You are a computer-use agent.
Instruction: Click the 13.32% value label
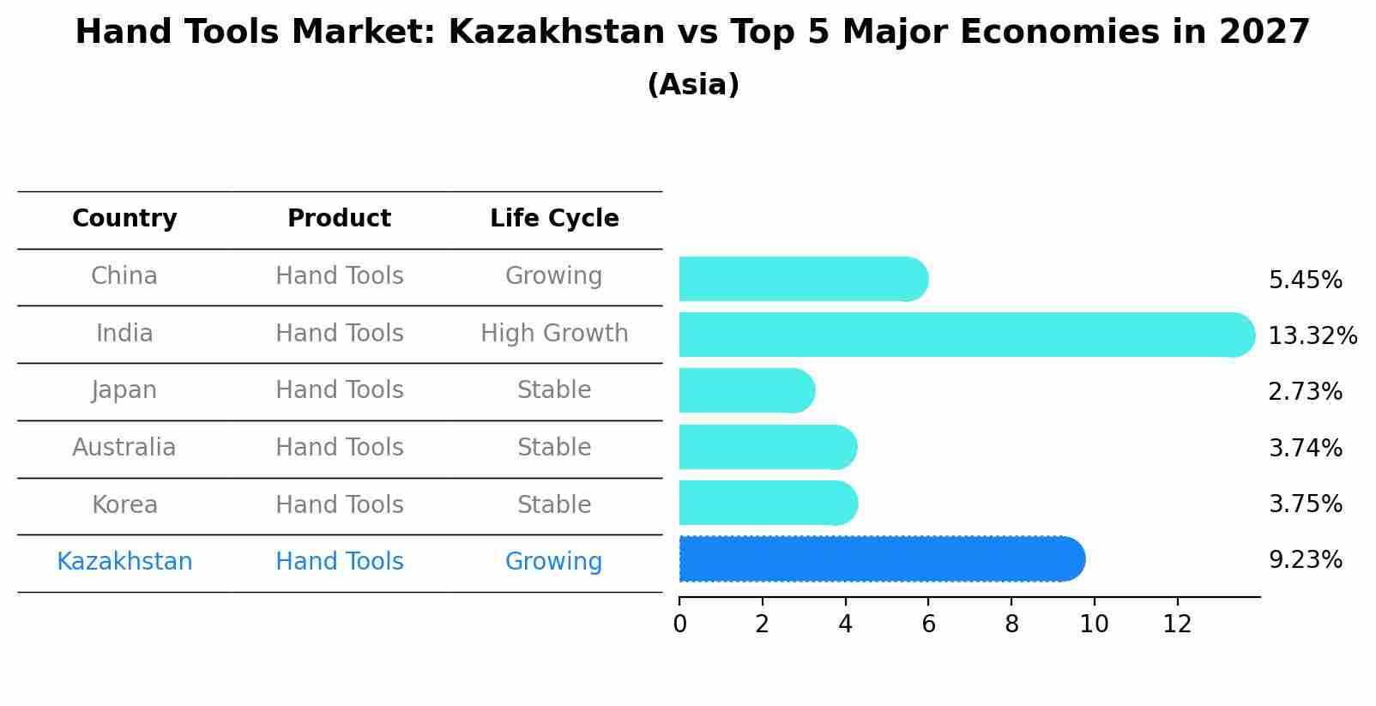point(1312,336)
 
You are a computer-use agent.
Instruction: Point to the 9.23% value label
point(1305,560)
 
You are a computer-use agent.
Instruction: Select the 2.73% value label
point(1305,392)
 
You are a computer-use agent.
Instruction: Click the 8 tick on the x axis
point(1011,625)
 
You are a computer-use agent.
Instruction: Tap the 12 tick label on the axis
point(1177,625)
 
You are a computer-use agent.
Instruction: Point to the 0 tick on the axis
point(679,625)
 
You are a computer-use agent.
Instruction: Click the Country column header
point(124,219)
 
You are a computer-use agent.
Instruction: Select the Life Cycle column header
point(554,219)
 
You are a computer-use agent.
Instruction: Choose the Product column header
point(339,219)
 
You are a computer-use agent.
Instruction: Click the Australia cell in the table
point(124,448)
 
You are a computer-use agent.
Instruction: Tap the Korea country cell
point(124,505)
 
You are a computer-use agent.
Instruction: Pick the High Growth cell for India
point(554,334)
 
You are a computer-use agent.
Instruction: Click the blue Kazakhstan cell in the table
point(124,562)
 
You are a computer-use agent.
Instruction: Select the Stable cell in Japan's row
point(554,390)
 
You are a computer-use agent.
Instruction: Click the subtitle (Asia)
point(693,85)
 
